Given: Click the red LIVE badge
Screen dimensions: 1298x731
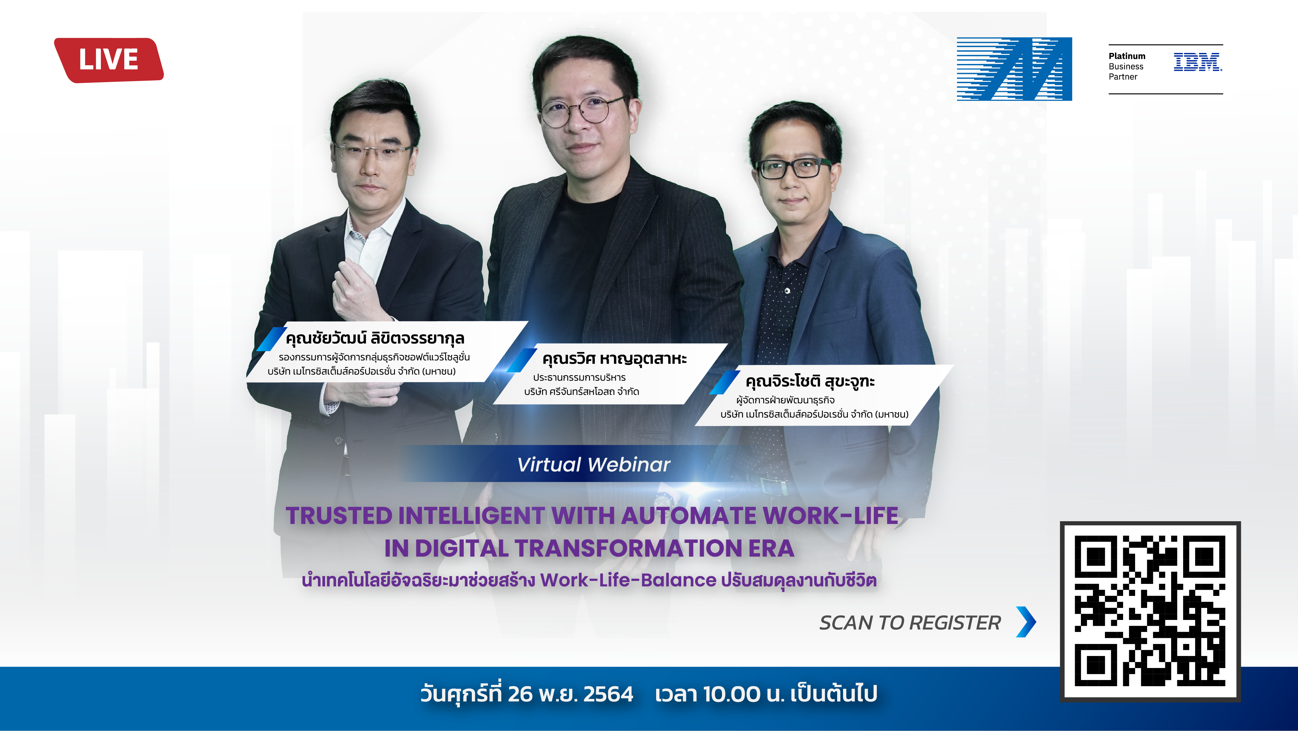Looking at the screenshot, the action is pos(109,60).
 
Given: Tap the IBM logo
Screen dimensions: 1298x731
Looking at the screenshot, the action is pos(1198,62).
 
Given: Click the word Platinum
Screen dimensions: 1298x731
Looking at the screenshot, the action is pos(1127,56).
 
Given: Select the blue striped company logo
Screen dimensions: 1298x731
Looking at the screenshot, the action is pos(1014,69).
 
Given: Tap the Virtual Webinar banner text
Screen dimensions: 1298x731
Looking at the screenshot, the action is pos(594,464).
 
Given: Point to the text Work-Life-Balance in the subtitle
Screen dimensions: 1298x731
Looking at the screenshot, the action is pos(628,580).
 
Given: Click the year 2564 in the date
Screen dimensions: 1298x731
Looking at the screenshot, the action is pos(608,694).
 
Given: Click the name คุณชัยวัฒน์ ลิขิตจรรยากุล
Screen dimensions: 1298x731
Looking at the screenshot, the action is pos(375,338).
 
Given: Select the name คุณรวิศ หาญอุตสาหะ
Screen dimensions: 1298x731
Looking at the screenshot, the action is pos(614,359).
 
